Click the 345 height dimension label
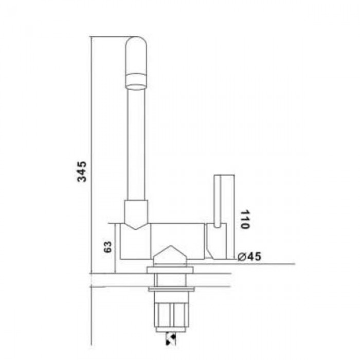tap(82, 171)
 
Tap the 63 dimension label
tap(107, 247)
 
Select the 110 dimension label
tap(245, 219)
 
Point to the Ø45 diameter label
tap(249, 257)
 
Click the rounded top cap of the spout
tap(136, 55)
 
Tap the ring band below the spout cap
tap(136, 81)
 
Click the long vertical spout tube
tap(136, 145)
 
